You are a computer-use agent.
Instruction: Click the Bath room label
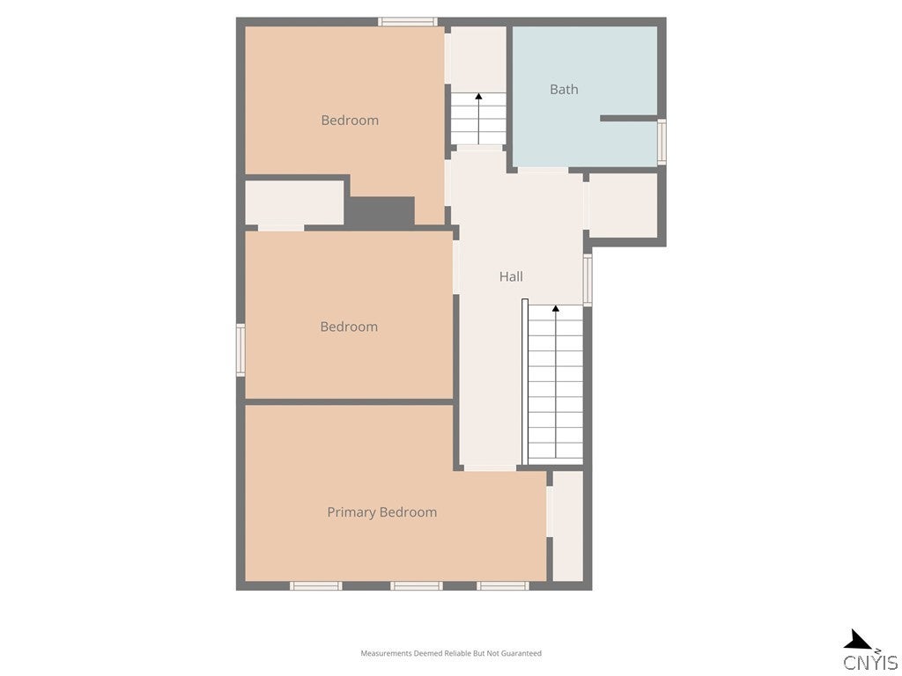pyautogui.click(x=564, y=89)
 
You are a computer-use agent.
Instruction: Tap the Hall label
pyautogui.click(x=511, y=276)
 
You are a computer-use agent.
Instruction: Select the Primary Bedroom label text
pyautogui.click(x=381, y=512)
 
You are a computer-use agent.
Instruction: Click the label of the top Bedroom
pyautogui.click(x=350, y=121)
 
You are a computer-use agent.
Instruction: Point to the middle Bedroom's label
pyautogui.click(x=349, y=327)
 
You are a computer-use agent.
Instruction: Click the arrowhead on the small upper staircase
pyautogui.click(x=478, y=97)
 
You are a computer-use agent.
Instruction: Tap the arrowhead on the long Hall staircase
pyautogui.click(x=555, y=309)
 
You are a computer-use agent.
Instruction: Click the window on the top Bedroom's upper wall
pyautogui.click(x=407, y=22)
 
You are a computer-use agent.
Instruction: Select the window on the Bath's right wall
pyautogui.click(x=662, y=142)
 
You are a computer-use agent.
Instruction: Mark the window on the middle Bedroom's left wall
pyautogui.click(x=240, y=349)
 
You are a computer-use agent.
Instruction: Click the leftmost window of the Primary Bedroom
pyautogui.click(x=315, y=585)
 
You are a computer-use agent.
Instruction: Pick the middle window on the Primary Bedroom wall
pyautogui.click(x=416, y=585)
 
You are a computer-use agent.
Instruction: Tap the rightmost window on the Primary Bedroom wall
pyautogui.click(x=502, y=585)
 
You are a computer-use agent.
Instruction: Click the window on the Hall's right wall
pyautogui.click(x=588, y=279)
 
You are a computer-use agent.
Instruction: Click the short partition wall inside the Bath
pyautogui.click(x=628, y=118)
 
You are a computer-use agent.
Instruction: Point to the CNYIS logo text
pyautogui.click(x=870, y=663)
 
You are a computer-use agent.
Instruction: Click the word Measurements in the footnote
pyautogui.click(x=385, y=653)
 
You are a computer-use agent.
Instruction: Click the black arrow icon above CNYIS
pyautogui.click(x=857, y=641)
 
